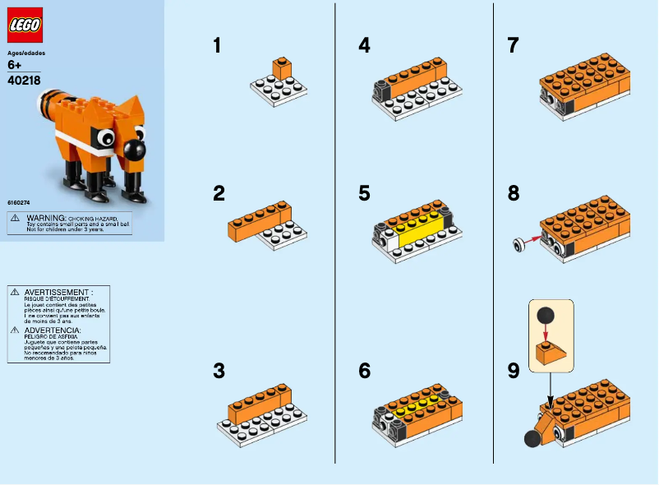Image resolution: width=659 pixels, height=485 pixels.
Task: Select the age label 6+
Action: click(x=14, y=65)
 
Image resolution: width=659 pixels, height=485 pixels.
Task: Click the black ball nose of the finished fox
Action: click(x=134, y=150)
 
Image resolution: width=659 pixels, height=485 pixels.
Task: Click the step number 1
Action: click(x=217, y=46)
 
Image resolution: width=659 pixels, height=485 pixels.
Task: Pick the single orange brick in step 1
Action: click(x=283, y=68)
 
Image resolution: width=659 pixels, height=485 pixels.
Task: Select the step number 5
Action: click(x=365, y=194)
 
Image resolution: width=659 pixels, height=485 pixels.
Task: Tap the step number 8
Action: click(x=514, y=194)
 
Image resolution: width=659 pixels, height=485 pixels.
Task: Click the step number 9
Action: click(x=514, y=372)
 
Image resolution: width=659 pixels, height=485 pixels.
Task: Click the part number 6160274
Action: click(x=19, y=200)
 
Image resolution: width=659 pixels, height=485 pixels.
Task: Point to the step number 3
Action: click(x=219, y=372)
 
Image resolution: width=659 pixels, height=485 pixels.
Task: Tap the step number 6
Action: click(x=365, y=372)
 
